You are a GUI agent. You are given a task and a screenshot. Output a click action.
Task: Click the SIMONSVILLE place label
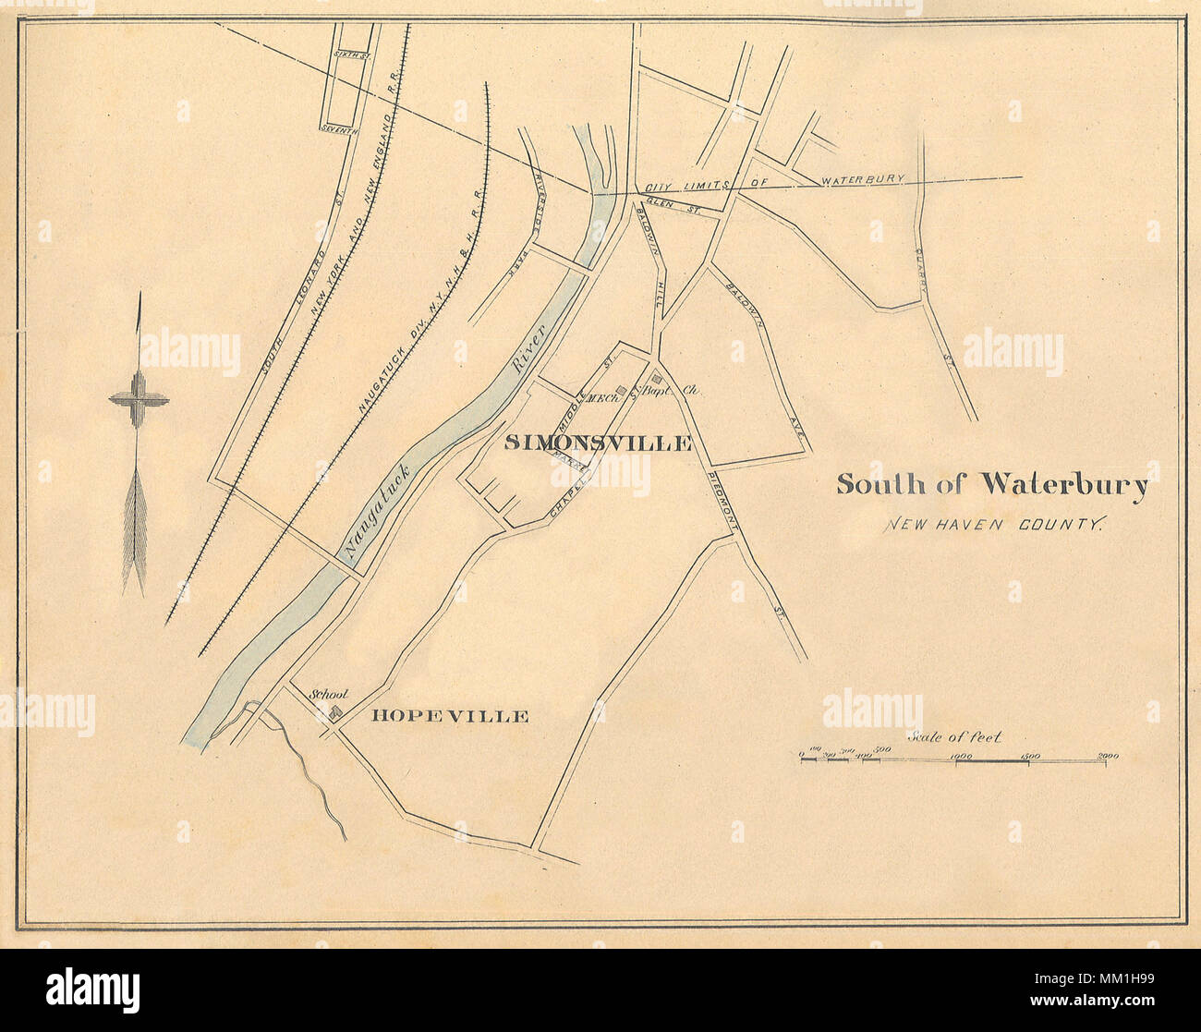(598, 443)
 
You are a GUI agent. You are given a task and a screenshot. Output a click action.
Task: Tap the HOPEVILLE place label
(450, 716)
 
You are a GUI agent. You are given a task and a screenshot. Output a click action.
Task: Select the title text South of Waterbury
(992, 485)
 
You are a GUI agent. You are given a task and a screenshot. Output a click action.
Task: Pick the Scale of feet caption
(954, 737)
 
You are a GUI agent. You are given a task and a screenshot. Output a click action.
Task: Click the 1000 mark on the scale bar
(960, 757)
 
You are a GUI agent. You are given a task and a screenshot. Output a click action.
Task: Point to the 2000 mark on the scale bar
(1108, 757)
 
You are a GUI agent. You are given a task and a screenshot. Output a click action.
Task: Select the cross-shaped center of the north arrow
(139, 400)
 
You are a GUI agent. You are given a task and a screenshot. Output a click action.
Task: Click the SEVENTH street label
(339, 130)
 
